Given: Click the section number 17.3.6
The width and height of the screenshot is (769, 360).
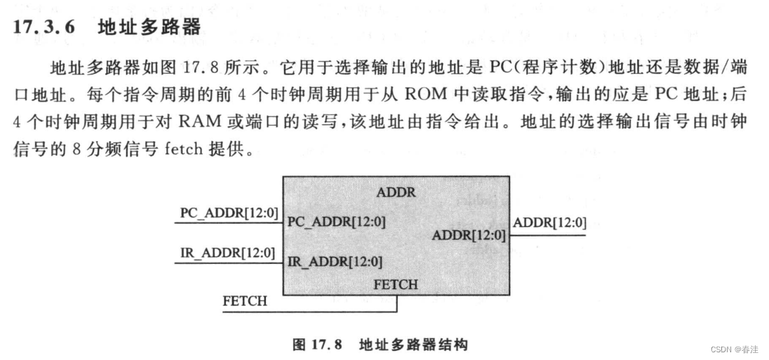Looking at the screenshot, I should click(x=44, y=28).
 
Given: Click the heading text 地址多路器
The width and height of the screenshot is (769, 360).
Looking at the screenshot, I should click(x=149, y=27).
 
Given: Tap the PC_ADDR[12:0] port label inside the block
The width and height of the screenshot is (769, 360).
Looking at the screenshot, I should click(x=336, y=222).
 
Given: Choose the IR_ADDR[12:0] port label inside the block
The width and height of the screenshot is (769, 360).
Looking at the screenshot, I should click(x=335, y=262).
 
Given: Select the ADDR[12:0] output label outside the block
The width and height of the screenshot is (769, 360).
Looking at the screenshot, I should click(x=549, y=224).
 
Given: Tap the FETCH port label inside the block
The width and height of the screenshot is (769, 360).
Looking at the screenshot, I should click(x=396, y=285).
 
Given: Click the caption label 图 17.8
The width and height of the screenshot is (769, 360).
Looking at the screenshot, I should click(x=316, y=345).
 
